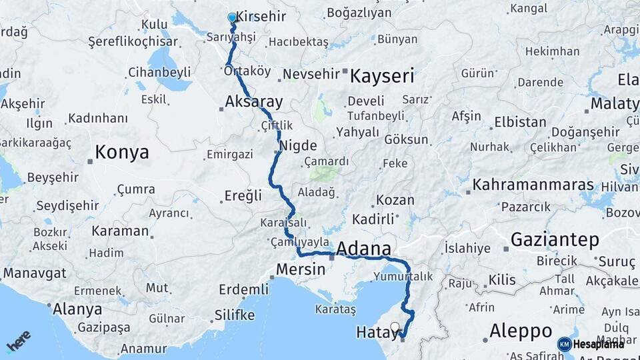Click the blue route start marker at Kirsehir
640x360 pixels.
[232, 18]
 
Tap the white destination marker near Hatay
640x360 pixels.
[395, 328]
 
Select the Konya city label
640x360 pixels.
[121, 152]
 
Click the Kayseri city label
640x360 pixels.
[382, 75]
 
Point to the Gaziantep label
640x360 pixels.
[555, 240]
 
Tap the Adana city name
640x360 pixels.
[364, 249]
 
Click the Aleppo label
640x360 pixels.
[521, 331]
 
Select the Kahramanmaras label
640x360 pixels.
[524, 185]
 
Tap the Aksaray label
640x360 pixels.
[254, 103]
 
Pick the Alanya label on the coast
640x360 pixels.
[79, 309]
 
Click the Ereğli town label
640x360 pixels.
[243, 196]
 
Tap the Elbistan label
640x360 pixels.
[520, 123]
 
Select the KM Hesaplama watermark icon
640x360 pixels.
[565, 344]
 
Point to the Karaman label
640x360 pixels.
[120, 231]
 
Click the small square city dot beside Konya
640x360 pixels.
[89, 161]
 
